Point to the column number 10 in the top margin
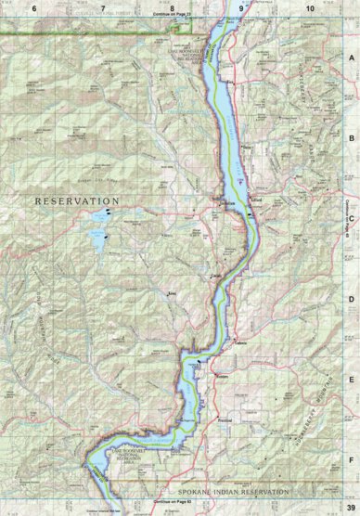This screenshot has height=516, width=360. (x=310, y=7)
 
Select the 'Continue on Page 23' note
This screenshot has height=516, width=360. (x=172, y=15)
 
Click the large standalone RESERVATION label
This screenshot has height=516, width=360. (x=78, y=200)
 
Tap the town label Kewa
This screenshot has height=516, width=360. (x=172, y=294)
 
